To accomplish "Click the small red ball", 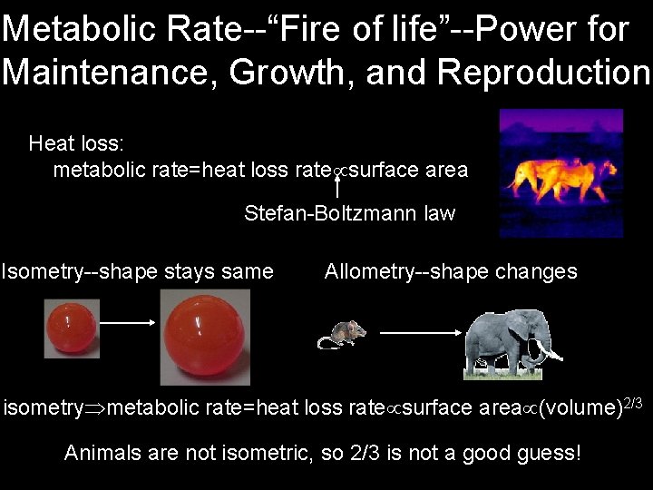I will [x=72, y=328].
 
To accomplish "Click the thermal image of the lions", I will [x=561, y=172].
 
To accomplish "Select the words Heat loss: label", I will [x=76, y=142].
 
